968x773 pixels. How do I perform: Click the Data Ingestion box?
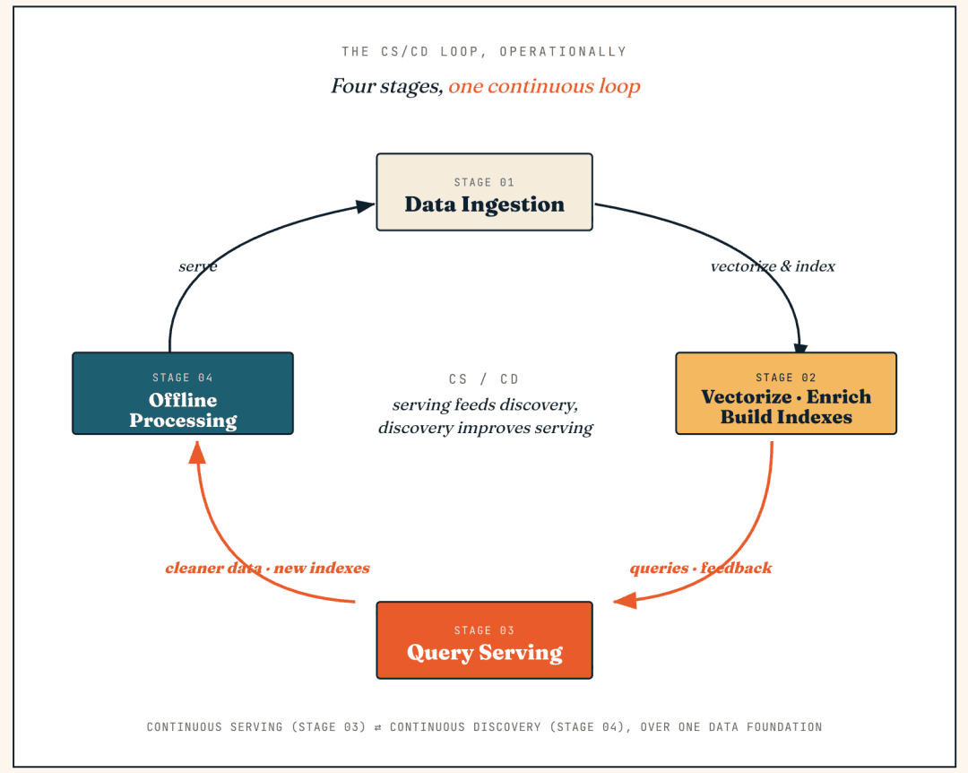(x=485, y=192)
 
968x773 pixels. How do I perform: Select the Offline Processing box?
(x=183, y=394)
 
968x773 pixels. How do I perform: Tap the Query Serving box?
(x=485, y=640)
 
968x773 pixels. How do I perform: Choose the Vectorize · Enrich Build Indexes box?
(x=786, y=394)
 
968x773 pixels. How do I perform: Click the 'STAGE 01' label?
(x=484, y=182)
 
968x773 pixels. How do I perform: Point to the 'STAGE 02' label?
(x=786, y=378)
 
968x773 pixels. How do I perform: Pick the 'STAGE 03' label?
(x=484, y=630)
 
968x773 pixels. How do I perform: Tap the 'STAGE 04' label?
(x=183, y=378)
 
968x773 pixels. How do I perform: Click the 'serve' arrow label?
(x=197, y=266)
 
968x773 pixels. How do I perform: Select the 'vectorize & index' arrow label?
(x=773, y=266)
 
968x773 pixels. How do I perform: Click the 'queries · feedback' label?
(x=701, y=568)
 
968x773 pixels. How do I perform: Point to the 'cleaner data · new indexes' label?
(x=267, y=568)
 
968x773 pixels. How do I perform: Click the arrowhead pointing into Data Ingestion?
(x=366, y=206)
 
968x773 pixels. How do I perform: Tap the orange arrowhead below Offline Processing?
(x=197, y=452)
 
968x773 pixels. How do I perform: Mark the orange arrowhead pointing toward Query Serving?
(x=625, y=600)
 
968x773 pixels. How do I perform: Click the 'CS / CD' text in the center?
(x=484, y=378)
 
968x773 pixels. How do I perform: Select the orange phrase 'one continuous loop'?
(x=544, y=86)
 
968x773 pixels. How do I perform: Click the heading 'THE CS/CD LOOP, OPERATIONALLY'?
(x=485, y=51)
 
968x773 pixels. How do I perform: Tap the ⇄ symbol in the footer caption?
(x=378, y=727)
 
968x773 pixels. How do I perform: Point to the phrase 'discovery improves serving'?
(x=485, y=428)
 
